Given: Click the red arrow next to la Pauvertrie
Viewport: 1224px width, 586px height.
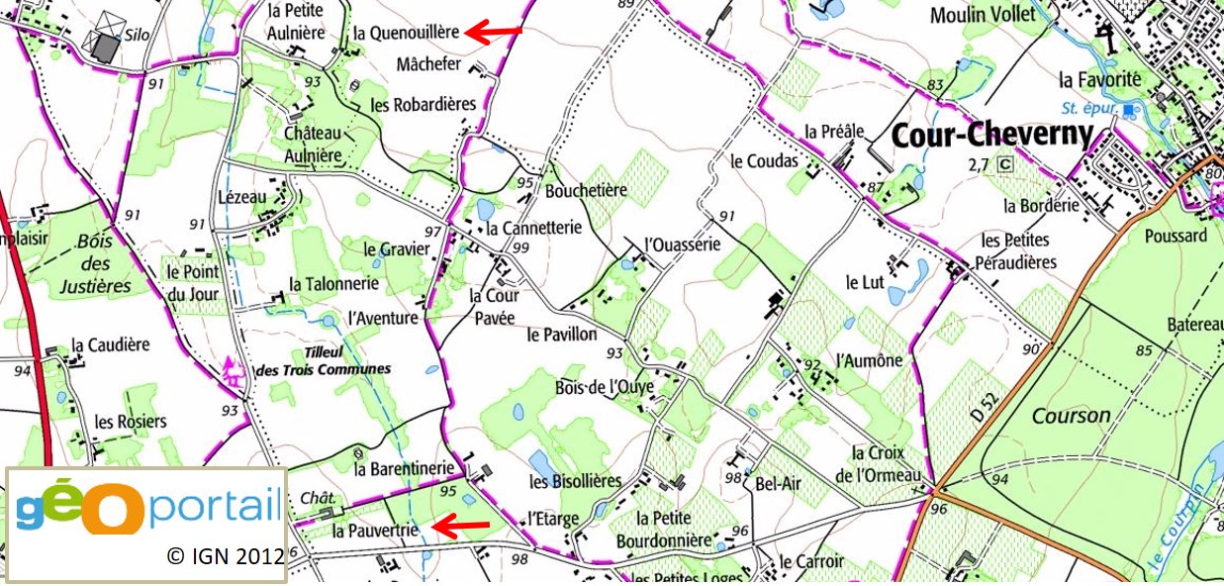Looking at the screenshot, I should click(462, 527).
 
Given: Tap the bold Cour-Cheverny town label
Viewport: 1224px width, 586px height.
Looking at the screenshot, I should click(992, 135).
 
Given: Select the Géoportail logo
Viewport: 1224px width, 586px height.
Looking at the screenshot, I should click(148, 503).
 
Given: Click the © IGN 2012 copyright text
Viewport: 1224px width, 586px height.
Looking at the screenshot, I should click(226, 555).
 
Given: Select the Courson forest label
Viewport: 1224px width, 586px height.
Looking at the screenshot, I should click(1071, 416).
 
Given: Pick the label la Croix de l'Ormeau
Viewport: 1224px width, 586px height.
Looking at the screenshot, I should click(886, 463).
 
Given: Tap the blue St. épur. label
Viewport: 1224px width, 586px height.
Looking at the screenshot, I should click(1086, 108).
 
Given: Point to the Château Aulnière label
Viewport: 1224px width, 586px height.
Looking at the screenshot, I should click(312, 145).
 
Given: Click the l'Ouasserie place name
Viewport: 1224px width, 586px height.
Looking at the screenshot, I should click(681, 244).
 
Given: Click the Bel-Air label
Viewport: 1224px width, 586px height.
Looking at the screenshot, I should click(777, 484).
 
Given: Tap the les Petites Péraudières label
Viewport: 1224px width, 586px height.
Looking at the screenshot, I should click(1018, 251).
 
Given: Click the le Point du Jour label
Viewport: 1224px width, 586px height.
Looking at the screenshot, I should click(192, 282).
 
